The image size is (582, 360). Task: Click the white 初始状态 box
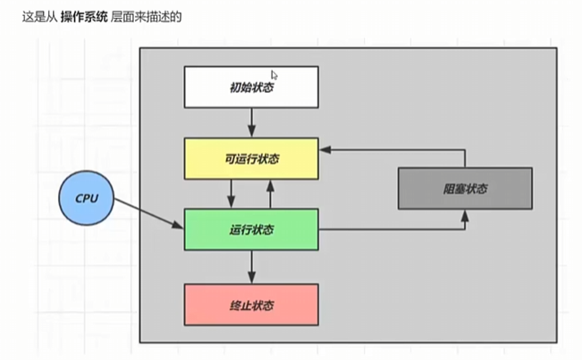point(250,87)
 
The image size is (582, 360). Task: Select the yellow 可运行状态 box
point(250,158)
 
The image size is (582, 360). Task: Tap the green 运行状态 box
point(250,230)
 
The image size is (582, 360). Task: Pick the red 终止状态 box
point(250,305)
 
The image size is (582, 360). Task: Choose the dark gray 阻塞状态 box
point(464,188)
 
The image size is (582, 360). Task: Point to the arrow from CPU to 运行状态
point(148,214)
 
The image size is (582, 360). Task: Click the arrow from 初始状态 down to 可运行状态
point(251,121)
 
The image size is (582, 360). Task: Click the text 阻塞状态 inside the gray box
point(464,188)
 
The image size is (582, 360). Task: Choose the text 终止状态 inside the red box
point(250,305)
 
